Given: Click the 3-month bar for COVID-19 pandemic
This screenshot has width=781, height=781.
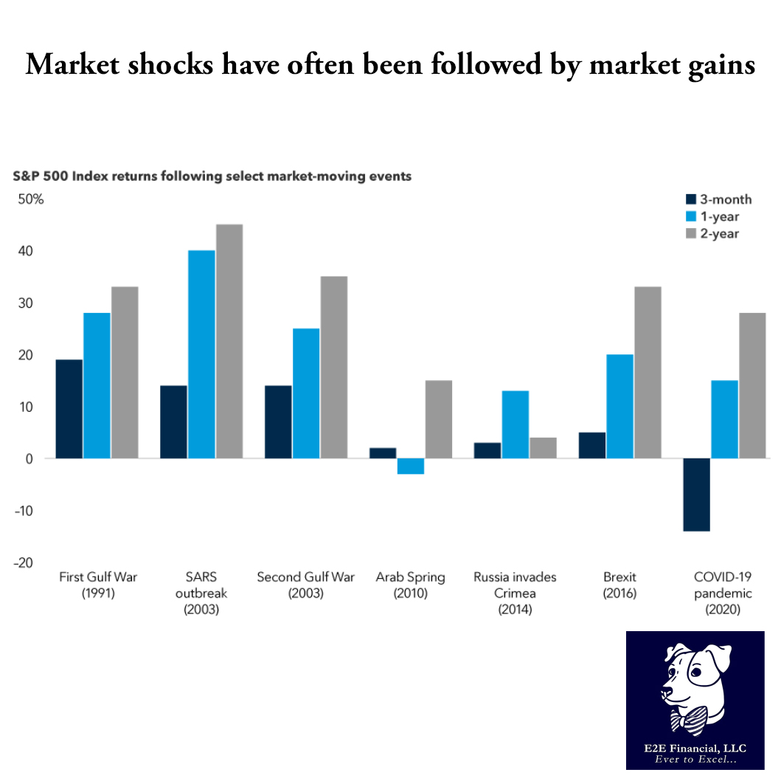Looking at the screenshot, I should pyautogui.click(x=697, y=494).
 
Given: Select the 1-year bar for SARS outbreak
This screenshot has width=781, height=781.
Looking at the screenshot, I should pyautogui.click(x=201, y=354).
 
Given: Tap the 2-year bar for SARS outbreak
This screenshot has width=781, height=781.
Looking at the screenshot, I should pyautogui.click(x=229, y=341).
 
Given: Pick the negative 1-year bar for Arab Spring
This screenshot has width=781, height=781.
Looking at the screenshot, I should pyautogui.click(x=411, y=466).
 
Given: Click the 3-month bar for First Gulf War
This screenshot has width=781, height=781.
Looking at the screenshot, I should pyautogui.click(x=69, y=409).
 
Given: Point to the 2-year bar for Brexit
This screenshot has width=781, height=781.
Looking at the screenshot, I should pyautogui.click(x=648, y=372).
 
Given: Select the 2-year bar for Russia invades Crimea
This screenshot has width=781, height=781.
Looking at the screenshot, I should pyautogui.click(x=543, y=448).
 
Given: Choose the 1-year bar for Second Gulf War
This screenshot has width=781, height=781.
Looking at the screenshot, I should pyautogui.click(x=306, y=393).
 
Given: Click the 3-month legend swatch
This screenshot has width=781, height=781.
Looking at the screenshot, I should pyautogui.click(x=690, y=199).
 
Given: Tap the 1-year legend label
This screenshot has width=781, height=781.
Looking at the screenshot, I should pyautogui.click(x=719, y=216).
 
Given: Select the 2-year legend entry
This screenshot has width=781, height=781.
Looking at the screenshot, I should pyautogui.click(x=712, y=233).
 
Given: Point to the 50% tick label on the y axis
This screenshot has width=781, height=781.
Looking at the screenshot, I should pyautogui.click(x=32, y=199).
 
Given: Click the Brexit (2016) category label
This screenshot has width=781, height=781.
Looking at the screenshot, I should pyautogui.click(x=619, y=585).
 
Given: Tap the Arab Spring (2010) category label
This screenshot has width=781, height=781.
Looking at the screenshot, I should pyautogui.click(x=411, y=585).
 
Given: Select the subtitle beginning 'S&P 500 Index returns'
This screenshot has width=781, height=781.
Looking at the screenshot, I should pyautogui.click(x=211, y=176).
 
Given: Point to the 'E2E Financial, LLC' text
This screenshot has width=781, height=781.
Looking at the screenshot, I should pyautogui.click(x=695, y=748).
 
